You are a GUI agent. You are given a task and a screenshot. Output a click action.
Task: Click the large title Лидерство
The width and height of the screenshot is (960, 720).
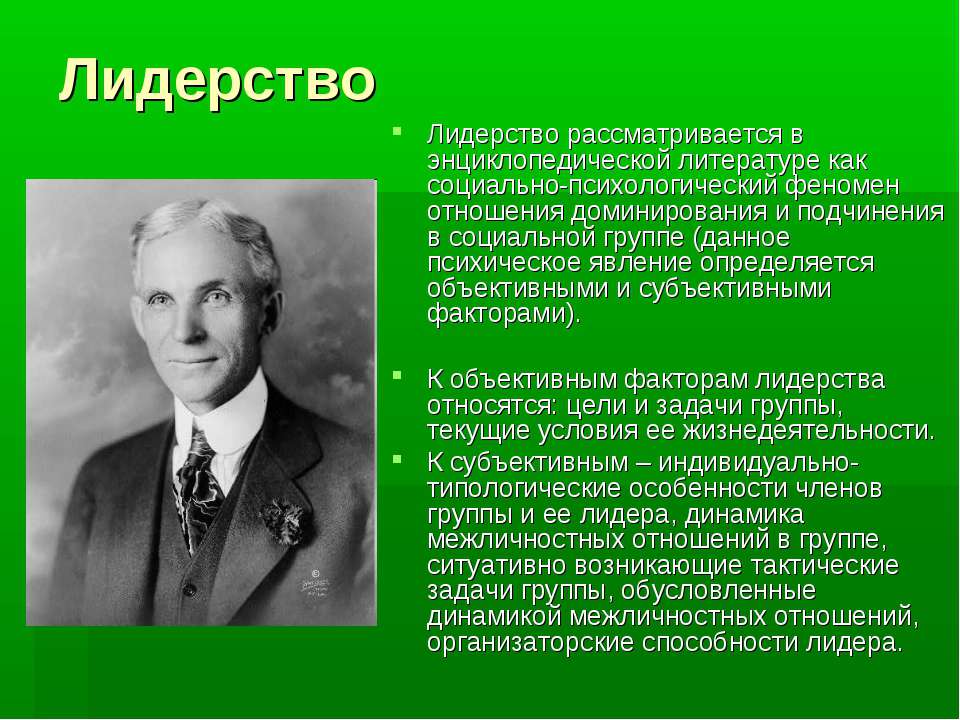coord(217,81)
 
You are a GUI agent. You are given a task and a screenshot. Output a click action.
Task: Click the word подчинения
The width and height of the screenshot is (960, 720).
coord(871,212)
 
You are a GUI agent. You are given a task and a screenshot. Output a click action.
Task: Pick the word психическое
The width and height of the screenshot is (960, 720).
coord(504,263)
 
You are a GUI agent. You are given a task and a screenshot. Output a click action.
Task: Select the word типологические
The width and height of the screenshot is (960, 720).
coord(524,490)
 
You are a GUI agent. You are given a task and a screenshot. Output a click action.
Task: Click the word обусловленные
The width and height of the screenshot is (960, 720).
coord(718,591)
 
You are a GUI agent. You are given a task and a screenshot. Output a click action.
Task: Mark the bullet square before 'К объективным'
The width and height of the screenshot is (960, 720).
coord(398,373)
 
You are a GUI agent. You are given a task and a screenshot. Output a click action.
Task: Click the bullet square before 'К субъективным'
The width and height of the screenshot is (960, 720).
coord(398,457)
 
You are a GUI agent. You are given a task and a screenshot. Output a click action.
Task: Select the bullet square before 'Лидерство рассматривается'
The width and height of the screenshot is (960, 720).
coord(398,130)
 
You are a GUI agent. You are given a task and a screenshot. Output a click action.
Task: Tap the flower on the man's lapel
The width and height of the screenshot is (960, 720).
coord(283,521)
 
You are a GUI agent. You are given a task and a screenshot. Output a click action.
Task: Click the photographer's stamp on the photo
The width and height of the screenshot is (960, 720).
coord(315,585)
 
